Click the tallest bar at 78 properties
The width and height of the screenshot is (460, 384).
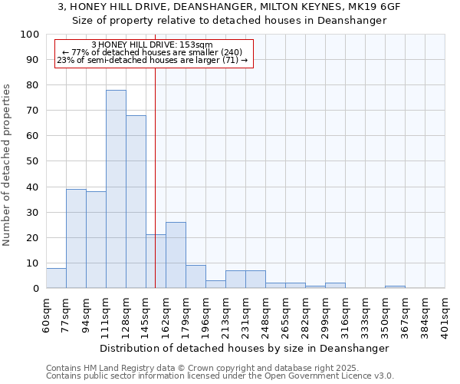[x=116, y=189]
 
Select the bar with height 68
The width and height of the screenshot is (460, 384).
[x=136, y=201]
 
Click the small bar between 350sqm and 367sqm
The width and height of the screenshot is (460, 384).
[x=395, y=286]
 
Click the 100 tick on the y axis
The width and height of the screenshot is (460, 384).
[x=30, y=35]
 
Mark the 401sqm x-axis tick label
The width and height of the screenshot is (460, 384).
[x=445, y=314]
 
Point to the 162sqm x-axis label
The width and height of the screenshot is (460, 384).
[x=166, y=314]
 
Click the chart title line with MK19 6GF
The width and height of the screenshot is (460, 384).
[x=229, y=6]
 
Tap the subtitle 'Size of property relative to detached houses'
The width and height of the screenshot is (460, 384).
[x=229, y=21]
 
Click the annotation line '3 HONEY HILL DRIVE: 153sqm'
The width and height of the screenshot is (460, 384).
[x=152, y=45]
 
